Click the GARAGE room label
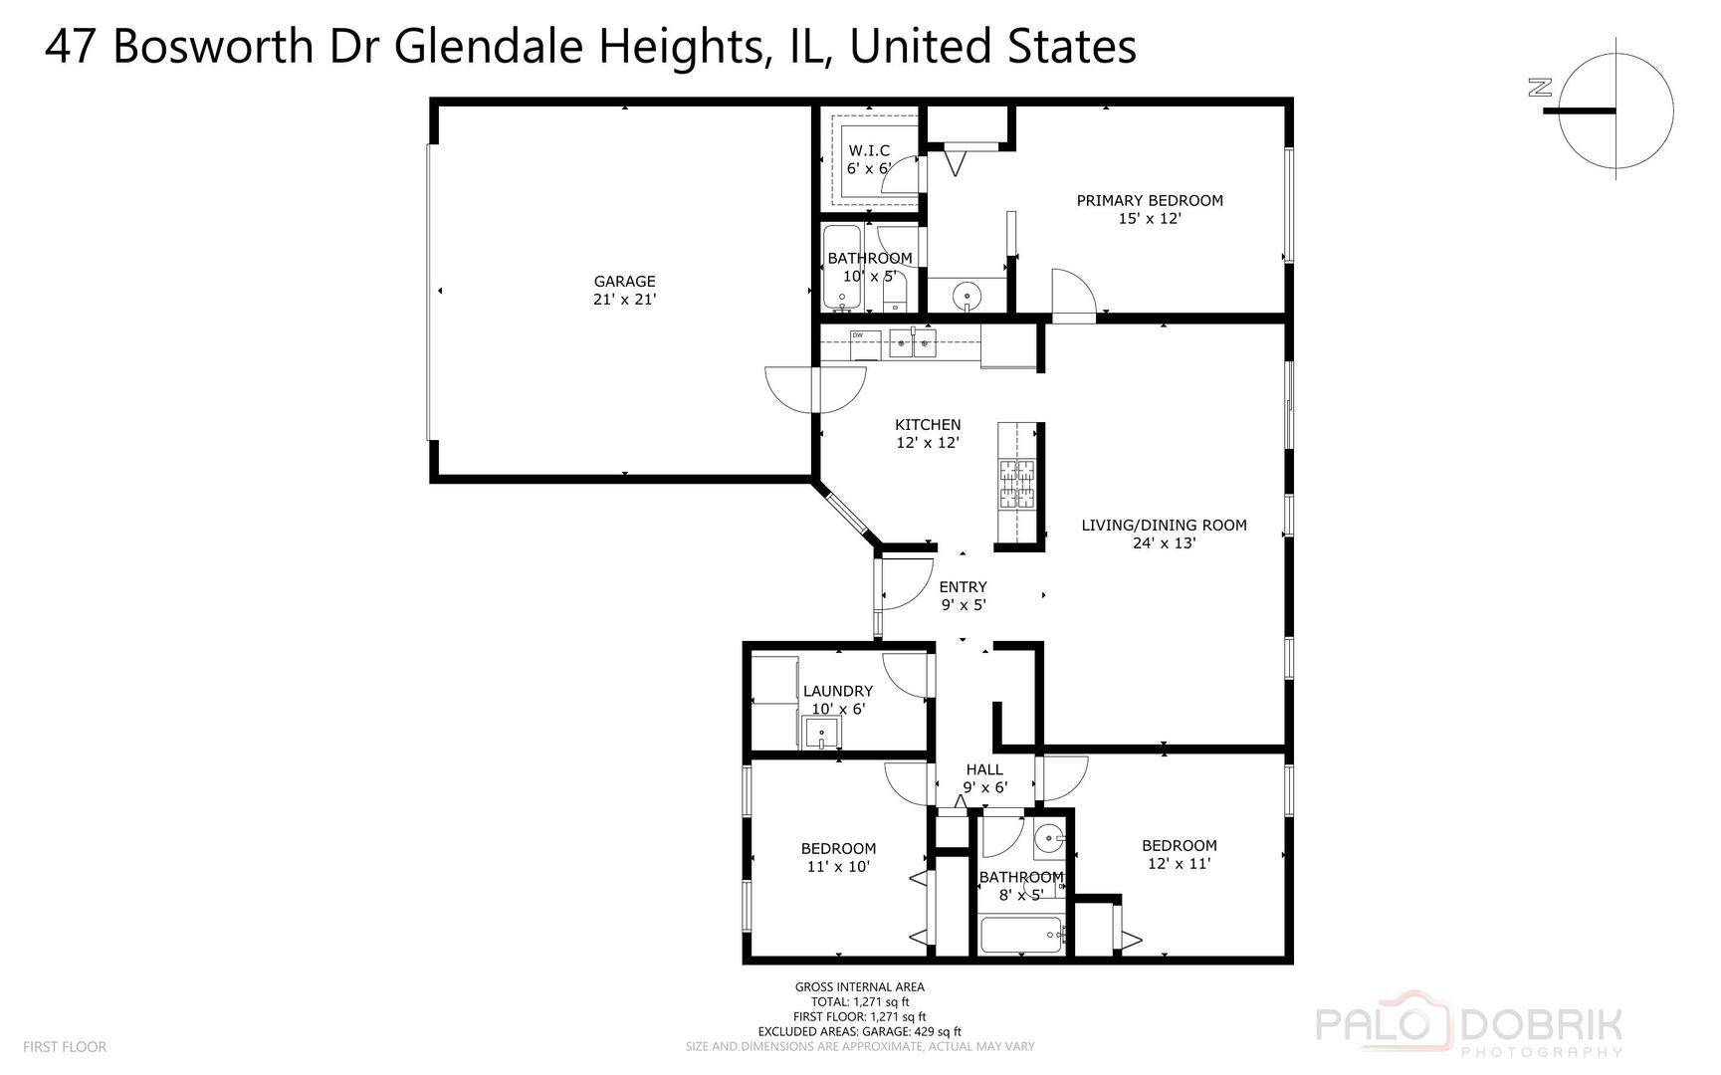coord(624,282)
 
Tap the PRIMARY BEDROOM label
coord(1150,200)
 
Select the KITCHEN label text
coord(928,425)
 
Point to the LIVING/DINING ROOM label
coord(1164,526)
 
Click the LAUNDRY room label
coord(838,691)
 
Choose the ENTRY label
coord(963,587)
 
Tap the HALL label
coord(984,769)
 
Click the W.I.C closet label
coord(869,150)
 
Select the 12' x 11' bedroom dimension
coord(1179,864)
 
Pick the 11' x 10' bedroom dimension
coord(838,867)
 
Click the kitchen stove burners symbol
coord(1016,485)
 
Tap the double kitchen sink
coord(913,343)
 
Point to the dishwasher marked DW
coord(864,343)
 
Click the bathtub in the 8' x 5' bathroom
coord(1023,935)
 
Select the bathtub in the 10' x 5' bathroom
coord(842,268)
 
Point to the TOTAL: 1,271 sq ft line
coord(860,1002)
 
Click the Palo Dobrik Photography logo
coord(1469,1025)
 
